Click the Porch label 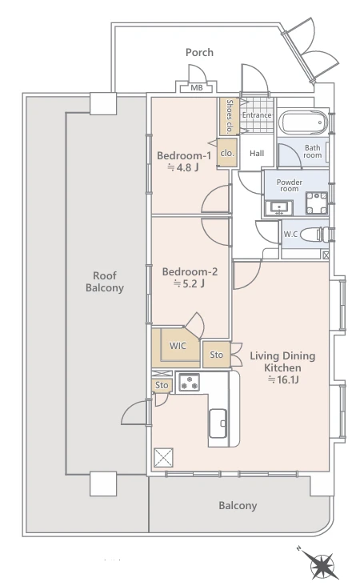199,52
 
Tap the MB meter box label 197,88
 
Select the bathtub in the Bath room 303,122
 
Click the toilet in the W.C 314,235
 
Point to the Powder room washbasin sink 278,208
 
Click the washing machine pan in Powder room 317,203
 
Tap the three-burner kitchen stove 189,383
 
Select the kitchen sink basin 218,423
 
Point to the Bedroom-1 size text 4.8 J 182,167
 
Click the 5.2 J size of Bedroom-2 189,283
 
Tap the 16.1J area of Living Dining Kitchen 283,379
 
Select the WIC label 178,346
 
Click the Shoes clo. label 230,116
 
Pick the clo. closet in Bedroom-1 227,153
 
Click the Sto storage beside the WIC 216,355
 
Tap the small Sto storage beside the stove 162,385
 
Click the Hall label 257,153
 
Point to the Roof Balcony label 105,282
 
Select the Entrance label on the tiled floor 257,115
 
